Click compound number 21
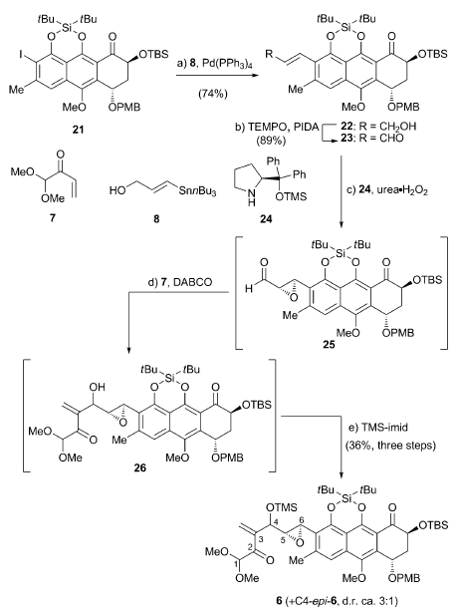[78, 130]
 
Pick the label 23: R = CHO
[371, 139]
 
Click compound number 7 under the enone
[53, 217]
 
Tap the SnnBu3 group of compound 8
[197, 192]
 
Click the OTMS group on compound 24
[291, 196]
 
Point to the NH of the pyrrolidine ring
[252, 198]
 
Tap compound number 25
[329, 345]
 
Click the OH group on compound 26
[98, 387]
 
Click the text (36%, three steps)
[390, 445]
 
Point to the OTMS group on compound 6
[281, 507]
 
